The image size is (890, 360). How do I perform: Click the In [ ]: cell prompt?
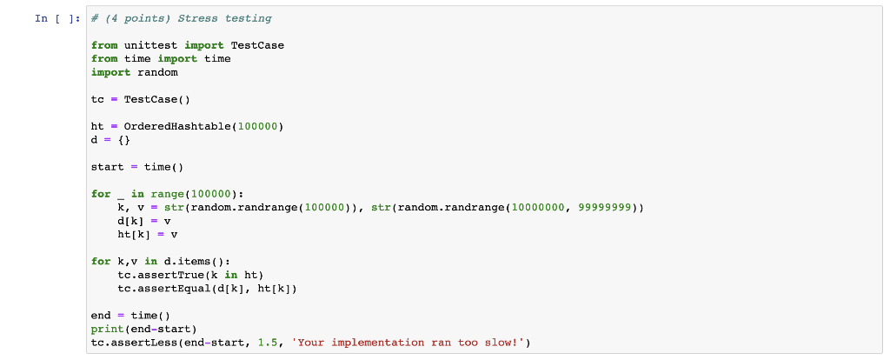(59, 18)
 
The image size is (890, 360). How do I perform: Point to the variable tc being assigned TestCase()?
(97, 99)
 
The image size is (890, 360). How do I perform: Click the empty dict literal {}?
(124, 139)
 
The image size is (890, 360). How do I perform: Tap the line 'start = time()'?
(138, 166)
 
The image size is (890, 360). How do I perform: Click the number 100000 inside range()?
(211, 193)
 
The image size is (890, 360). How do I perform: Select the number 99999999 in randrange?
(606, 207)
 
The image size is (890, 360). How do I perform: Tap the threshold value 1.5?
(269, 343)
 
